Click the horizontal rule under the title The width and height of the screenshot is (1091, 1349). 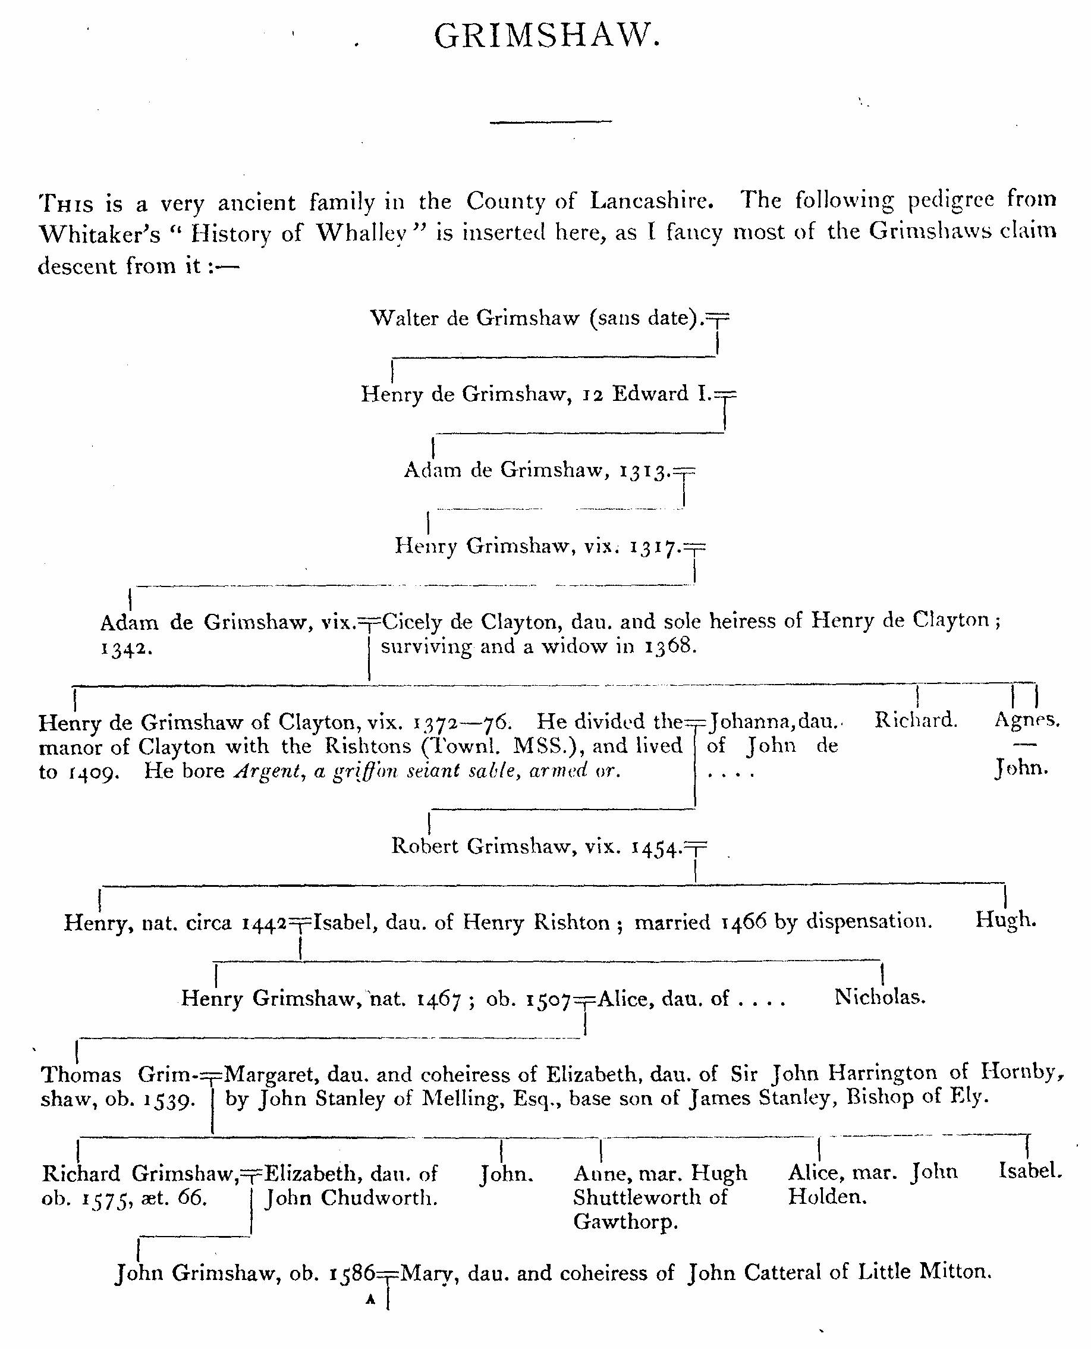(x=551, y=121)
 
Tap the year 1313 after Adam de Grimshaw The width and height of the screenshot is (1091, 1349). (x=643, y=471)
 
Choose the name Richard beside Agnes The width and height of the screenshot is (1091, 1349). (x=916, y=720)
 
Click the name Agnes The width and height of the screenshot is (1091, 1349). (x=1026, y=720)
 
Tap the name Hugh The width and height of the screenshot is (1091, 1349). (x=1005, y=920)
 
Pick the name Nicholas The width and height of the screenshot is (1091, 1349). (x=880, y=997)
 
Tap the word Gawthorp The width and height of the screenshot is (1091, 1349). (x=625, y=1223)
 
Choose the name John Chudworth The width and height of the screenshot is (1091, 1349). (x=351, y=1198)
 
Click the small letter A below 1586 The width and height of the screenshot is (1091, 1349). (x=370, y=1300)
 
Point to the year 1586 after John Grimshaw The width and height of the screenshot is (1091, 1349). (x=352, y=1274)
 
